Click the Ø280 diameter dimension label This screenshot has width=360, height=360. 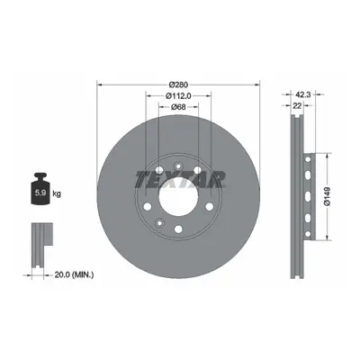point(178,85)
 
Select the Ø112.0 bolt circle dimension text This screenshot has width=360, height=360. point(178,95)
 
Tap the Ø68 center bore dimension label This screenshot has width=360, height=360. point(178,107)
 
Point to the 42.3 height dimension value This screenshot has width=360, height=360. point(303,94)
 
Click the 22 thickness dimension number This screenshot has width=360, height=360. point(297,105)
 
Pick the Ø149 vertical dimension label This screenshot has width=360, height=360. point(327,196)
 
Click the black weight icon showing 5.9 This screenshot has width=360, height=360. point(40,189)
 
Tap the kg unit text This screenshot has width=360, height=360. point(57,193)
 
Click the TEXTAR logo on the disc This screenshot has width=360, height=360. point(180,179)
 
